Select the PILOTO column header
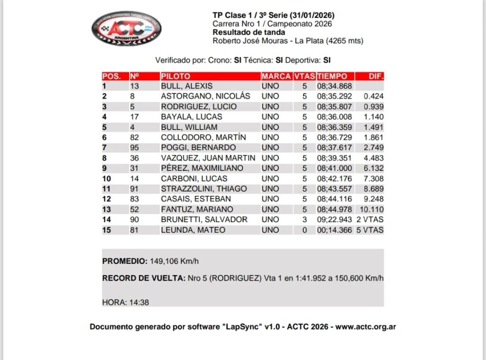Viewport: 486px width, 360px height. click(x=176, y=76)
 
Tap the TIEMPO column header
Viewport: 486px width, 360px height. click(x=335, y=76)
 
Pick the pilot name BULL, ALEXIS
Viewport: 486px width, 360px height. click(x=187, y=86)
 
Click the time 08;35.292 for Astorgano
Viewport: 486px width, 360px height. click(x=334, y=96)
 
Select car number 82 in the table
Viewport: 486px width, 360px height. click(x=135, y=137)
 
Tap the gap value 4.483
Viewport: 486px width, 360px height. click(x=374, y=158)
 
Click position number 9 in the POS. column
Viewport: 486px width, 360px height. click(x=104, y=168)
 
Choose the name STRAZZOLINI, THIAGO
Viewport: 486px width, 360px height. click(x=204, y=189)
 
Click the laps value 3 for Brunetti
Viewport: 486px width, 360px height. click(x=305, y=220)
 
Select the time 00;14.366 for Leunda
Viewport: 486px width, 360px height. click(x=334, y=230)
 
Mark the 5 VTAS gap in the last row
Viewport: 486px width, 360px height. click(x=370, y=230)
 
